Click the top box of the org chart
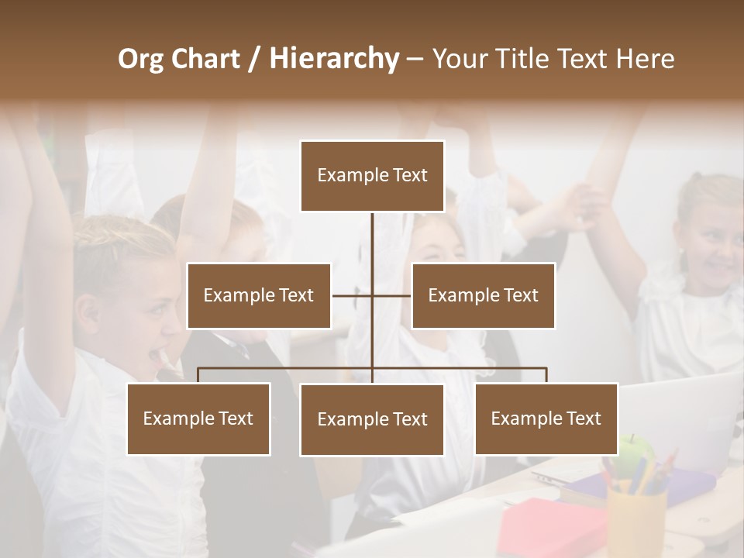pyautogui.click(x=372, y=176)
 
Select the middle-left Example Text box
pyautogui.click(x=259, y=295)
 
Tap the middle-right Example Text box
pyautogui.click(x=483, y=295)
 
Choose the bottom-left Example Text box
pyautogui.click(x=198, y=418)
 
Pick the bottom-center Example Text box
pyautogui.click(x=372, y=419)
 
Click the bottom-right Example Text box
pyautogui.click(x=546, y=418)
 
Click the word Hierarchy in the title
pyautogui.click(x=334, y=58)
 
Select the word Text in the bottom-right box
pyautogui.click(x=583, y=418)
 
